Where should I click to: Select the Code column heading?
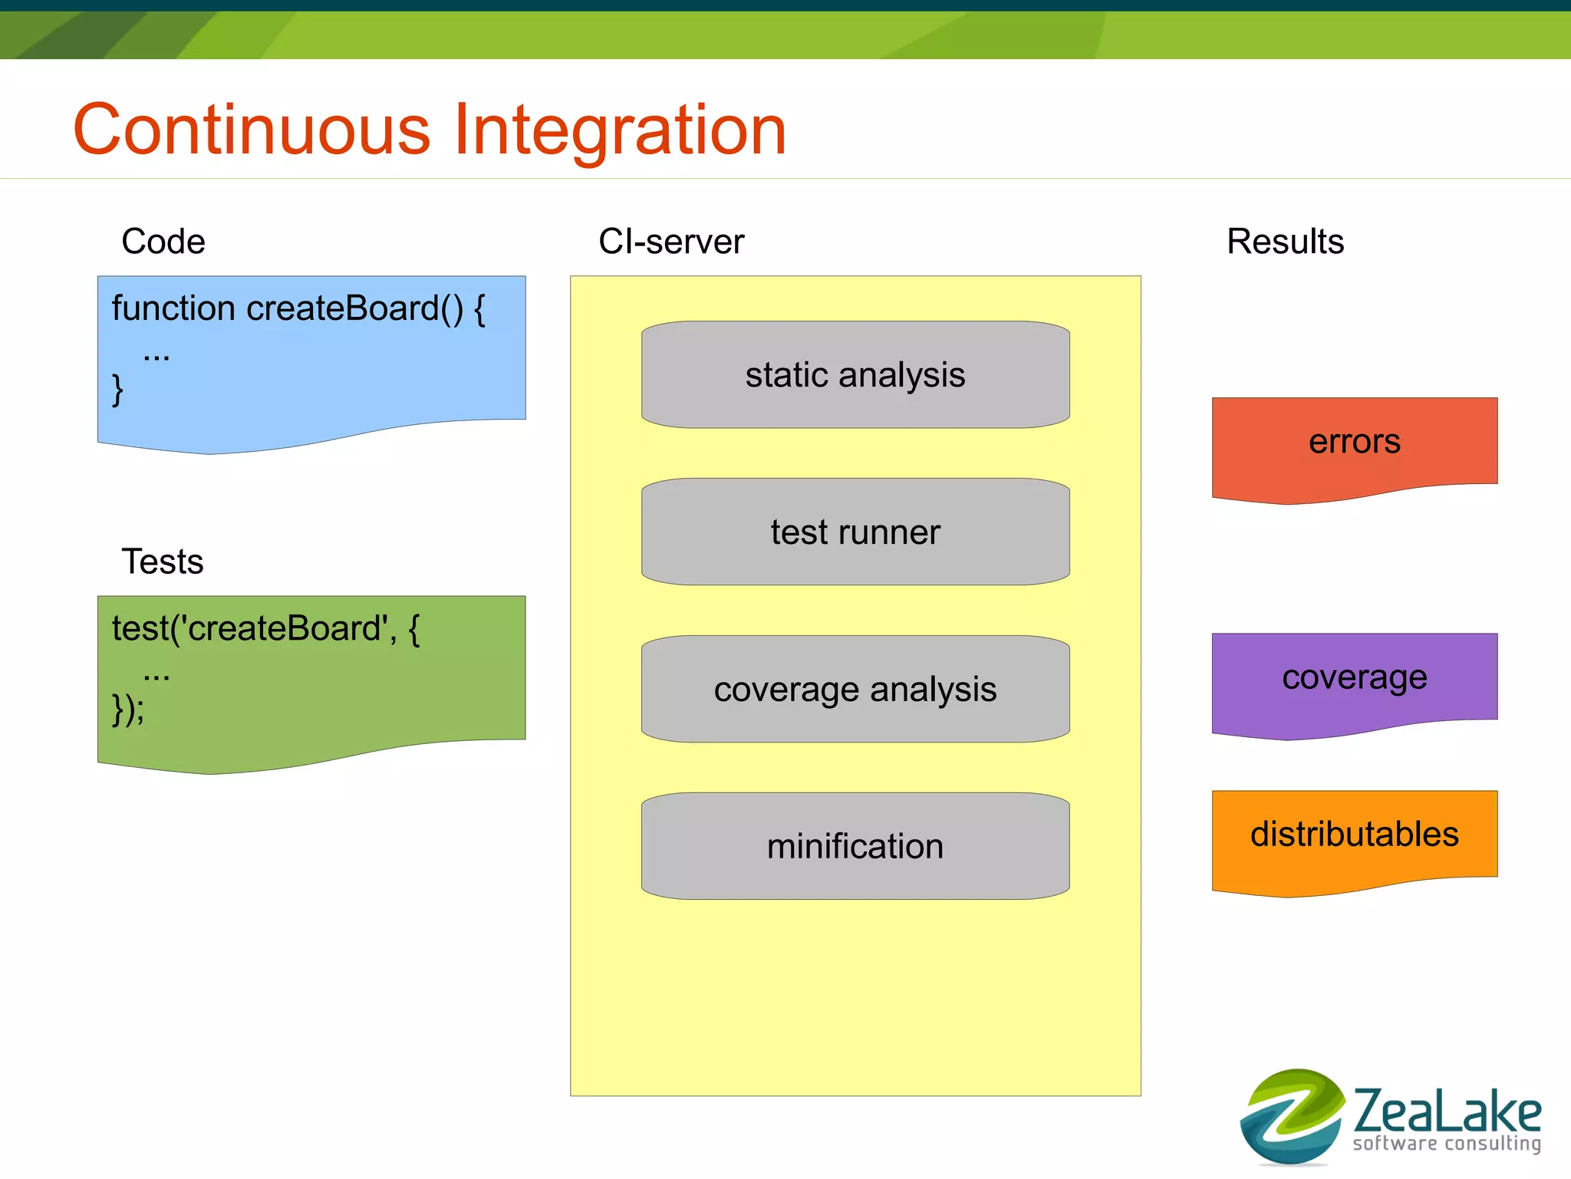tap(163, 242)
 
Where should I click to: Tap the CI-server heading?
tap(671, 242)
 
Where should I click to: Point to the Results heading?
tap(1286, 242)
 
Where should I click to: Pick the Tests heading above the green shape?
tap(163, 562)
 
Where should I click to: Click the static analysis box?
tap(855, 374)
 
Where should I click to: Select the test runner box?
tap(855, 532)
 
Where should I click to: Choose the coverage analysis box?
tap(855, 689)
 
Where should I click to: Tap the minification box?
tap(855, 846)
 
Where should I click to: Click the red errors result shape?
tap(1355, 449)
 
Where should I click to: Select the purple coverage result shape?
tap(1355, 684)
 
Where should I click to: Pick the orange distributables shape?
tap(1355, 841)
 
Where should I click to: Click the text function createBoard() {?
tap(298, 309)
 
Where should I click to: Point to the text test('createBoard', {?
tap(265, 629)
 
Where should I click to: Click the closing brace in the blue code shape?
tap(117, 390)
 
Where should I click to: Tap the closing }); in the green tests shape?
tap(127, 710)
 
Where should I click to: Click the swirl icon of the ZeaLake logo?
tap(1292, 1116)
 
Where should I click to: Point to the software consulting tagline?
tap(1447, 1144)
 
